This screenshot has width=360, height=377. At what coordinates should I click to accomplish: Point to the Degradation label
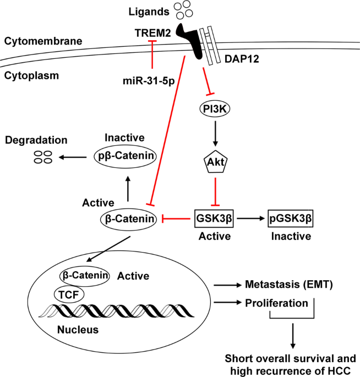pos(32,141)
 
